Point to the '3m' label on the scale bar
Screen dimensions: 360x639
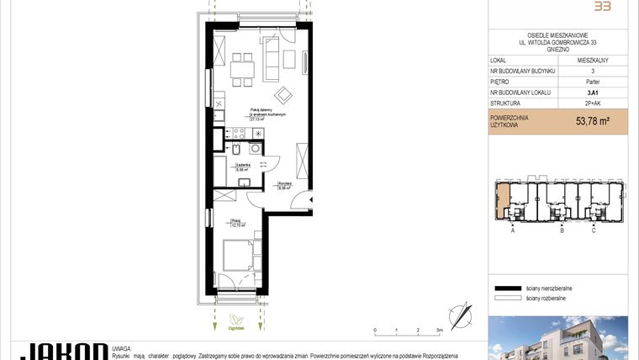tap(439, 331)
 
